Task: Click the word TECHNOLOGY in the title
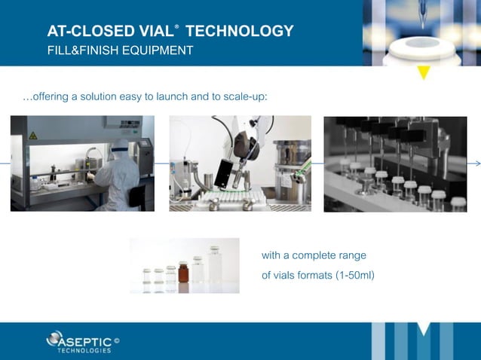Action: [x=239, y=32]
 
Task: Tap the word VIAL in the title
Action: [x=150, y=32]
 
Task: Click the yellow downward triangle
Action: [x=424, y=72]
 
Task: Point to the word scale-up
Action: [x=244, y=97]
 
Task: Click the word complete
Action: [x=313, y=255]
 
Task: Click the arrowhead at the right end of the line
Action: [x=476, y=163]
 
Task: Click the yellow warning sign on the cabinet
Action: [x=32, y=136]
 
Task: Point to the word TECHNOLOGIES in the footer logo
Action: [x=84, y=350]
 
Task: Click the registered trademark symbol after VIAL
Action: [x=177, y=26]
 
